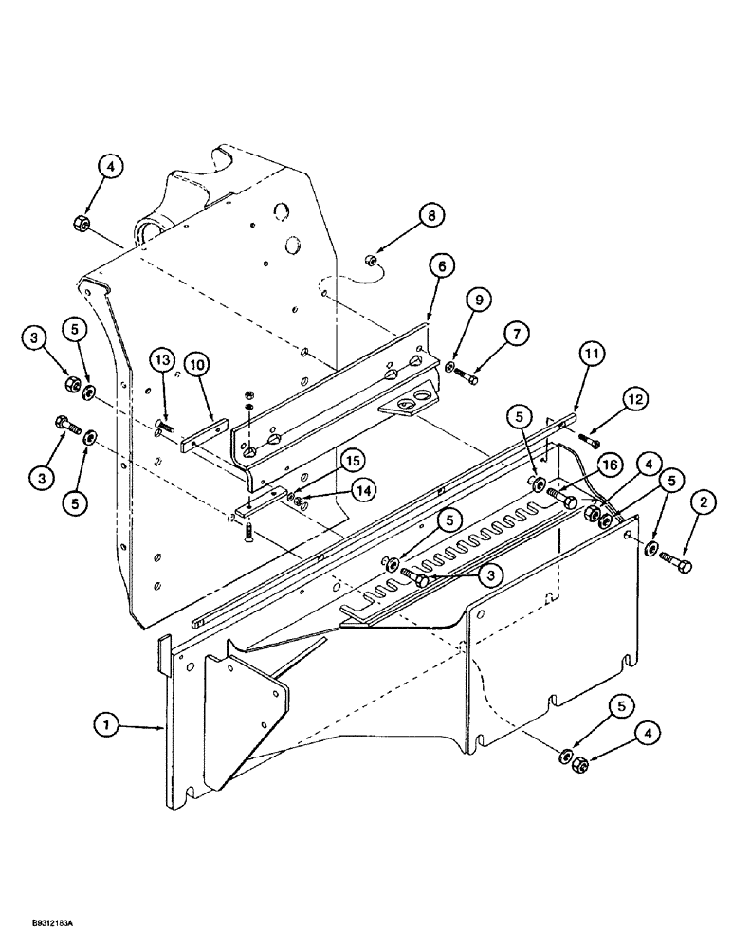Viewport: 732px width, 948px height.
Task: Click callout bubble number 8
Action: pyautogui.click(x=431, y=216)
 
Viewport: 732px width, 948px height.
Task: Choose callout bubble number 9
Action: pyautogui.click(x=479, y=300)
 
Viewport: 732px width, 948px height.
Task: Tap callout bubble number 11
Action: pyautogui.click(x=591, y=355)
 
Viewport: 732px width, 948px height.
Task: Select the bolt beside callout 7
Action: pyautogui.click(x=467, y=378)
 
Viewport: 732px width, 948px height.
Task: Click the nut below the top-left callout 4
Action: pyautogui.click(x=81, y=224)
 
